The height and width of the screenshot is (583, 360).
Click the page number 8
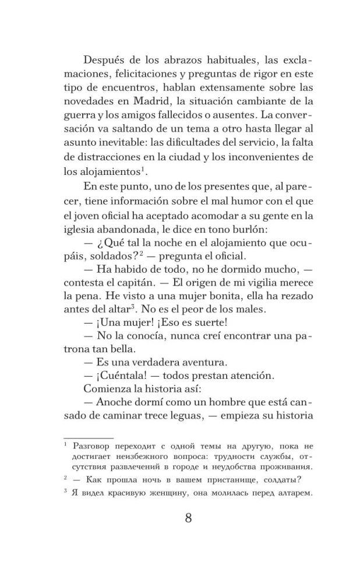point(188,518)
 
